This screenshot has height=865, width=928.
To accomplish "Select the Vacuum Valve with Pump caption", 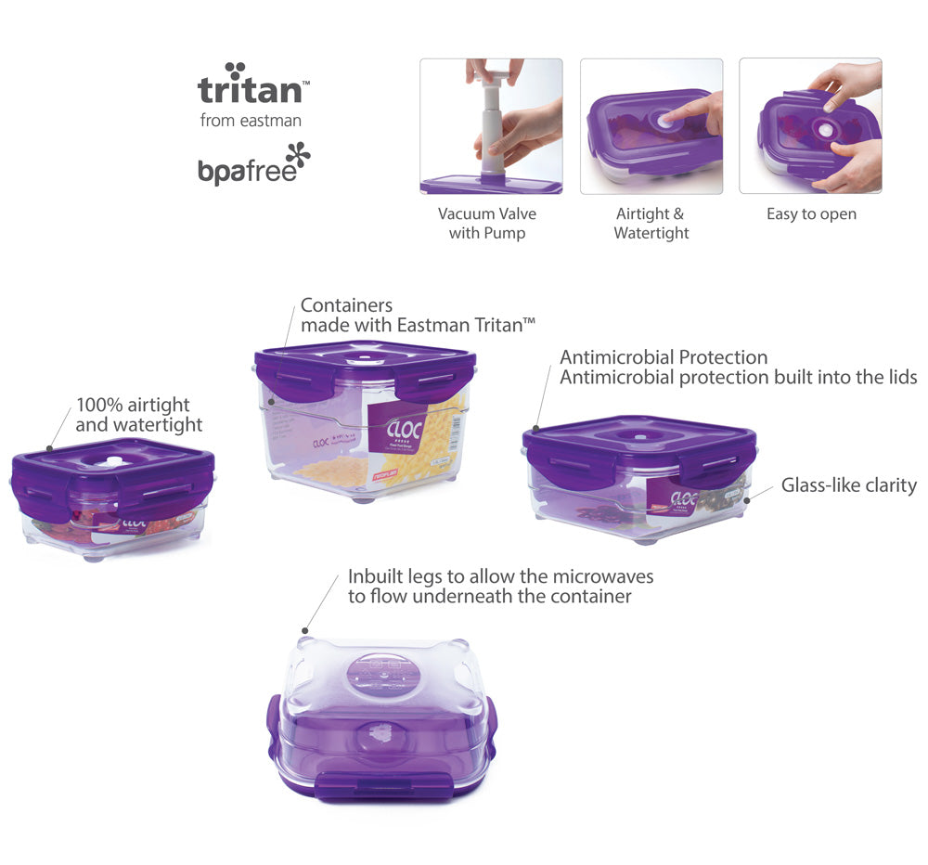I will tap(487, 224).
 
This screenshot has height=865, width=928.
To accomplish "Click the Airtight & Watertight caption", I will tap(651, 224).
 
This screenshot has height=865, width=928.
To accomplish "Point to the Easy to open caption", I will tap(811, 214).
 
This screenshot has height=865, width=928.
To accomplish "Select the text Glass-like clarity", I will tap(848, 485).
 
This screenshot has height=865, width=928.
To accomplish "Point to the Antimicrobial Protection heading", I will tap(664, 357).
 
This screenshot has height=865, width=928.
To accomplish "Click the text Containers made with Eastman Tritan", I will tap(418, 315).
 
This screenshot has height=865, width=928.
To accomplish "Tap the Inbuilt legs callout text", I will tap(500, 587).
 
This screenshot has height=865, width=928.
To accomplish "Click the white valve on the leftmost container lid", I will tap(111, 462).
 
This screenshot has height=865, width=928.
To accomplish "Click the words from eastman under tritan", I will tap(251, 121).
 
